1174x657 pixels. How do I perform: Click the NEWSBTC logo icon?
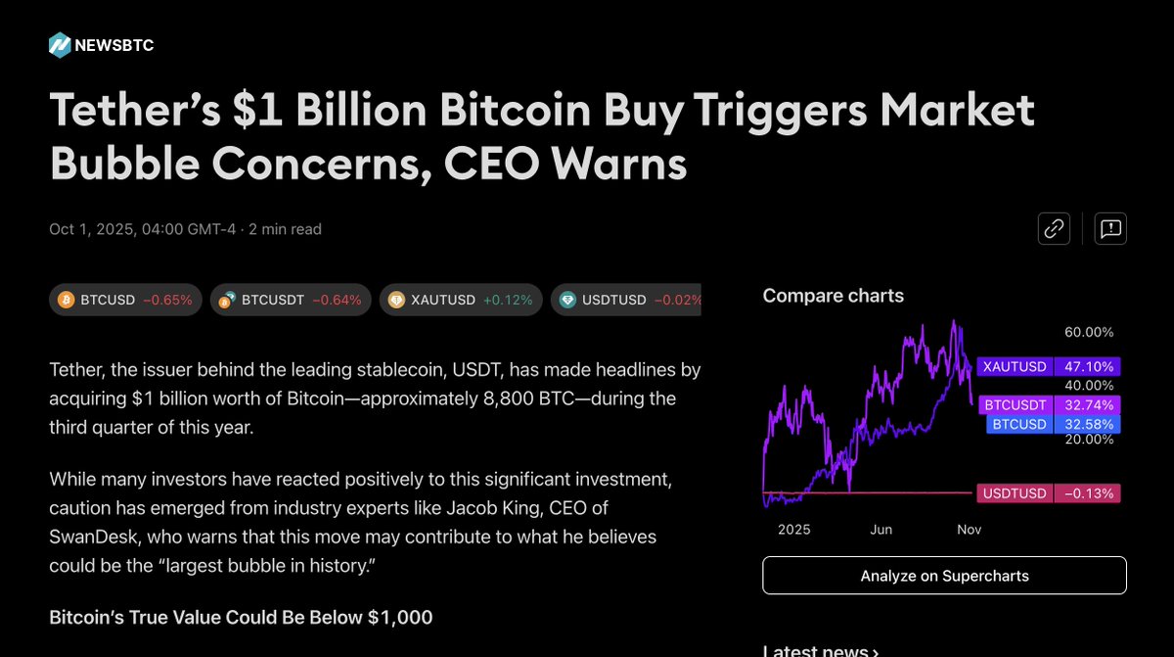tap(60, 45)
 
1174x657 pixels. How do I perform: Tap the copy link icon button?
tap(1054, 229)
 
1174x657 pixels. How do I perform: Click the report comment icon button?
tap(1110, 229)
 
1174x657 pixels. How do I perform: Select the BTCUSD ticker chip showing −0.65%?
tap(125, 300)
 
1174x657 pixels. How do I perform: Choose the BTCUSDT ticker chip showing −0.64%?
tap(292, 300)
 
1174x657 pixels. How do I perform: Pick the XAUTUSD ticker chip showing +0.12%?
tap(461, 300)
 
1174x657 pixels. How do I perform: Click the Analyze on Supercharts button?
tap(944, 576)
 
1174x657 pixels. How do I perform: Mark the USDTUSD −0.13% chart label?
tap(1048, 493)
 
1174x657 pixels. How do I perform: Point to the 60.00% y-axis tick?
tap(1089, 333)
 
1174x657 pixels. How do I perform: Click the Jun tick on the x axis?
tap(880, 530)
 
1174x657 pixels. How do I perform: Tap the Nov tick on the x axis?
tap(969, 530)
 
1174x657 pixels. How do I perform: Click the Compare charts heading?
tap(833, 296)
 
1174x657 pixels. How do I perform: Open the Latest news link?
tap(820, 650)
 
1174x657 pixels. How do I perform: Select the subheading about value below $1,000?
tap(241, 617)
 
